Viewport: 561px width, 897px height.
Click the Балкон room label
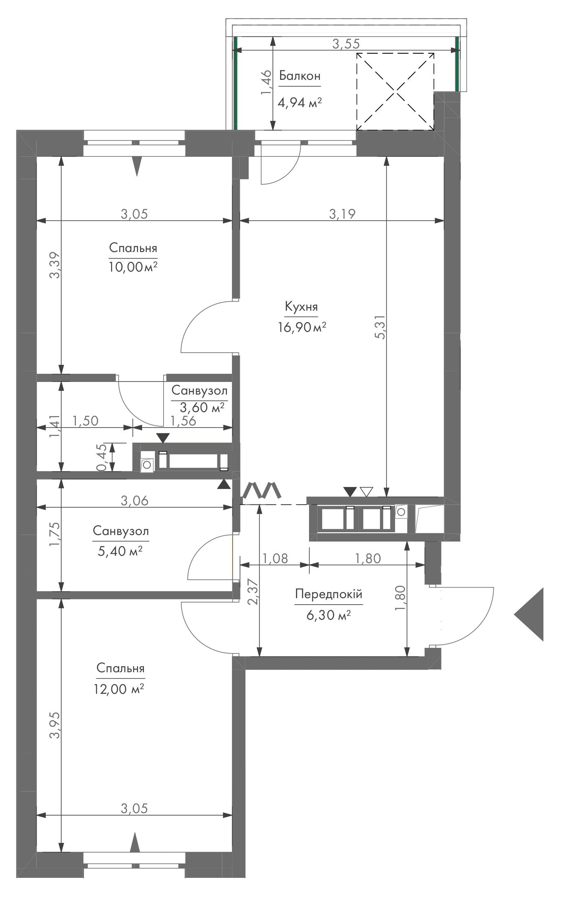(x=300, y=76)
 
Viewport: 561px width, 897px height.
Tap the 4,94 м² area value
(x=300, y=103)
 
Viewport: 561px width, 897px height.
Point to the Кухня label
(x=301, y=307)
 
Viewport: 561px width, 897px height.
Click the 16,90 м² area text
(x=302, y=327)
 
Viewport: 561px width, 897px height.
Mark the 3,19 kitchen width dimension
(x=342, y=214)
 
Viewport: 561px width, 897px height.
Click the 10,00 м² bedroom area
(x=133, y=267)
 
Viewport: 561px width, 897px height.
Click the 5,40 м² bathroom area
(x=120, y=551)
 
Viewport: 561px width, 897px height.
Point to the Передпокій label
(x=329, y=594)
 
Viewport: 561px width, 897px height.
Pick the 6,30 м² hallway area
(x=329, y=615)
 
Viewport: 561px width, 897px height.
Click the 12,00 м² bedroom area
(x=120, y=688)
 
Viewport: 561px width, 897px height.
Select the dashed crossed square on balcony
(x=395, y=92)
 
